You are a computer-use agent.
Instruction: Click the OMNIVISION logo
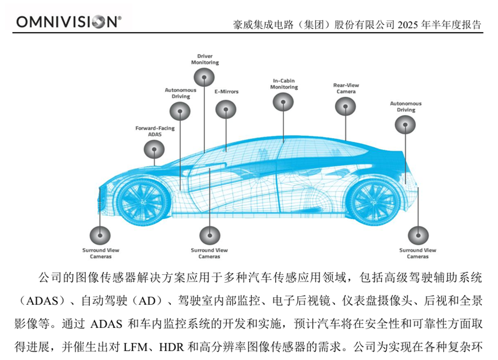pyautogui.click(x=69, y=21)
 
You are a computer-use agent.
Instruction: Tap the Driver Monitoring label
pyautogui.click(x=205, y=59)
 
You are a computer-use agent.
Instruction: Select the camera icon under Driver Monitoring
pyautogui.click(x=204, y=77)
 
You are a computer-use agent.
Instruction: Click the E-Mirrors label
pyautogui.click(x=226, y=92)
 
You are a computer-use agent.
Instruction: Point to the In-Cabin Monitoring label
pyautogui.click(x=284, y=84)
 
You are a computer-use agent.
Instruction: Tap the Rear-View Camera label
pyautogui.click(x=347, y=88)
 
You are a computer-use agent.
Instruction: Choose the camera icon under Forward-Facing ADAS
pyautogui.click(x=154, y=149)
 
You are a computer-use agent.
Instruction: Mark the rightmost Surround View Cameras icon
pyautogui.click(x=418, y=235)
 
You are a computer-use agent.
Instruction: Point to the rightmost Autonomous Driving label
pyautogui.click(x=406, y=107)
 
